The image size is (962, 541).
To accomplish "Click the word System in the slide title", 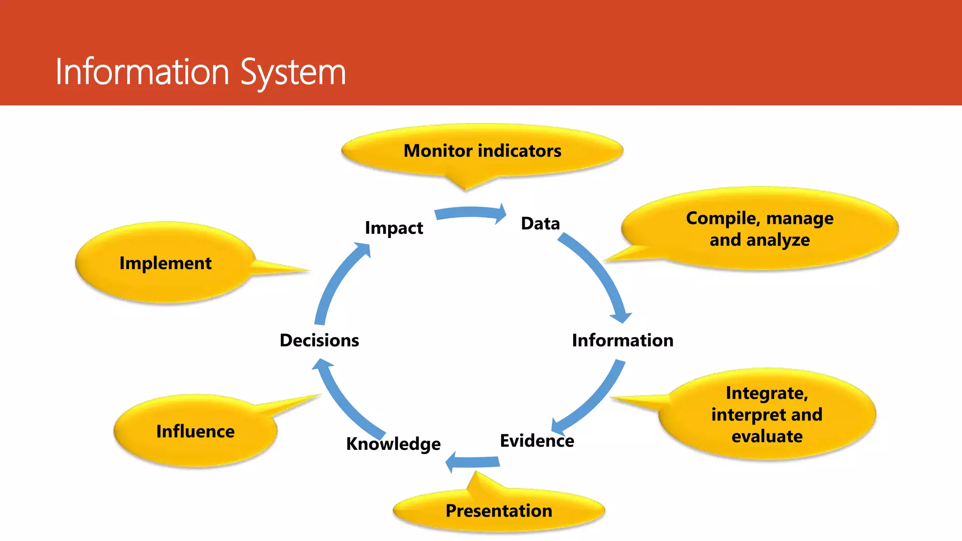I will [293, 73].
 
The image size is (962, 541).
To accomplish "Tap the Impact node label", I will [394, 228].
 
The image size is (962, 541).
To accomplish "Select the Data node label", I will [540, 224].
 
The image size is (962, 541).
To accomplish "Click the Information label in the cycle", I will [622, 340].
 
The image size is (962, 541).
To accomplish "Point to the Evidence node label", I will [536, 441].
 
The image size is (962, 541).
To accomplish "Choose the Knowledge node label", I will [393, 443].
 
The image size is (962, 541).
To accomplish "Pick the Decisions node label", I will [319, 340].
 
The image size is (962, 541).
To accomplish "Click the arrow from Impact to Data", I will [470, 213].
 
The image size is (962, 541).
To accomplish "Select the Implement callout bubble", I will [165, 263].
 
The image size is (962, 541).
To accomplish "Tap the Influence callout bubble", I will [195, 431].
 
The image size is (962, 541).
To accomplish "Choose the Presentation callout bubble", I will [498, 510].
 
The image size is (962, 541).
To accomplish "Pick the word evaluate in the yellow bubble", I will [767, 436].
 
